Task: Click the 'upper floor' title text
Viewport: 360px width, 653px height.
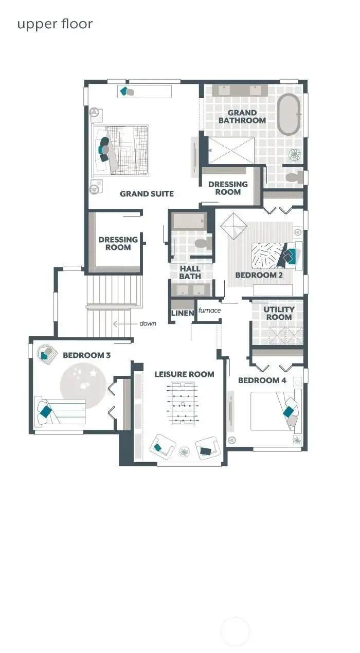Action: coord(55,24)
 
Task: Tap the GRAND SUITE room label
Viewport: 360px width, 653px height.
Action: coord(147,194)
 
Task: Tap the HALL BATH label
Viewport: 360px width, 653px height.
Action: coord(190,273)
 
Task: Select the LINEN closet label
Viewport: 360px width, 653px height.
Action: coord(182,313)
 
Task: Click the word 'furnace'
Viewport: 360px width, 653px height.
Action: coord(209,311)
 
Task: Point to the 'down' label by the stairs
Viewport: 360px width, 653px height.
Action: coord(148,324)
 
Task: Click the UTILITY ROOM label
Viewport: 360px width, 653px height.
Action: coord(279,313)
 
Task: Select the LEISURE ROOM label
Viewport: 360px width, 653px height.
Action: coord(184,374)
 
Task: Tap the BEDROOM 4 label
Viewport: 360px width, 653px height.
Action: coord(262,380)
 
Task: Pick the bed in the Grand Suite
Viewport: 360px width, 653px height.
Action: coord(120,150)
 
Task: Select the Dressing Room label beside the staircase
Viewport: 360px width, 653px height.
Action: coord(118,243)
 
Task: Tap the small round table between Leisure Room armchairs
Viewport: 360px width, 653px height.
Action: coord(184,452)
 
